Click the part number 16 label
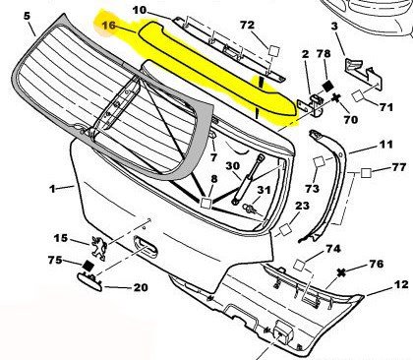click(109, 25)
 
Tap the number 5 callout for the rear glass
click(27, 16)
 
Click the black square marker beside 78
click(327, 86)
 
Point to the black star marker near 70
click(336, 97)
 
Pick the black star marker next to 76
click(341, 272)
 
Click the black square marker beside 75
click(88, 266)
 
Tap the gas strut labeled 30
click(248, 179)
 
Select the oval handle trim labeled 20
click(89, 282)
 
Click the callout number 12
click(401, 284)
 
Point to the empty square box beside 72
click(274, 51)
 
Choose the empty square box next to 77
click(366, 172)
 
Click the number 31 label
click(264, 190)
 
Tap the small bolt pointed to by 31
click(248, 208)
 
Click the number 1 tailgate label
click(52, 189)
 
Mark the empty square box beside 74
click(300, 265)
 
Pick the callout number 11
click(386, 144)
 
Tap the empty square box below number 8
click(206, 203)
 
